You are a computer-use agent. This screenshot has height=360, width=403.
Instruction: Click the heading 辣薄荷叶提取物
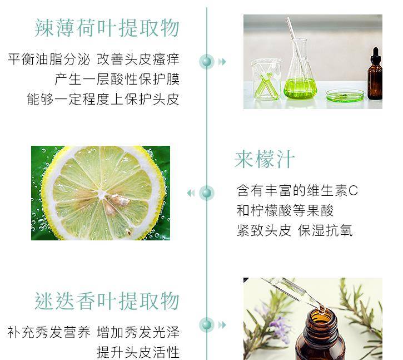point(107,28)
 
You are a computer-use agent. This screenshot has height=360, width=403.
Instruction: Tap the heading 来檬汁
point(265,159)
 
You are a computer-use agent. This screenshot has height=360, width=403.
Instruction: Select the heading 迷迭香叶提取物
point(107,301)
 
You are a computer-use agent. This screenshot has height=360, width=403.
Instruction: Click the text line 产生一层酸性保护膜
point(117,79)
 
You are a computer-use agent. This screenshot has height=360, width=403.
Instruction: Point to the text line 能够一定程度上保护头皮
point(103,99)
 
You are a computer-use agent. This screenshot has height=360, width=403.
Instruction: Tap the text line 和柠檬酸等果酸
point(285,210)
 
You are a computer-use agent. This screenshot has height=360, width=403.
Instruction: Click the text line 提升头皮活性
point(138,352)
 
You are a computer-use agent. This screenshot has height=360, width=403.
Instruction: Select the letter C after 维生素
point(354,191)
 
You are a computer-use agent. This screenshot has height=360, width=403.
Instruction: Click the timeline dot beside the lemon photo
point(207,193)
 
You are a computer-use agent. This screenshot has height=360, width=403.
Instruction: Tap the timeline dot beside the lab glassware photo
point(207,62)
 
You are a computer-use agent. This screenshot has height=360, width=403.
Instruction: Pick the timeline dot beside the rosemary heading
point(207,324)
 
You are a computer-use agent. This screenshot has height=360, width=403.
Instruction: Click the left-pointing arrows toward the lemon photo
point(191,193)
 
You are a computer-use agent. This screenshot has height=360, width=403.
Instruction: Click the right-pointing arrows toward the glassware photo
point(222,62)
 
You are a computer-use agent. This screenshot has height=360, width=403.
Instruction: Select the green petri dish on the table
point(345,96)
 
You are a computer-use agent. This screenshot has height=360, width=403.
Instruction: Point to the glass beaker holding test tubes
point(266,79)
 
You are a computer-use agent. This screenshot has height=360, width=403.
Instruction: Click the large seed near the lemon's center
point(120,200)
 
